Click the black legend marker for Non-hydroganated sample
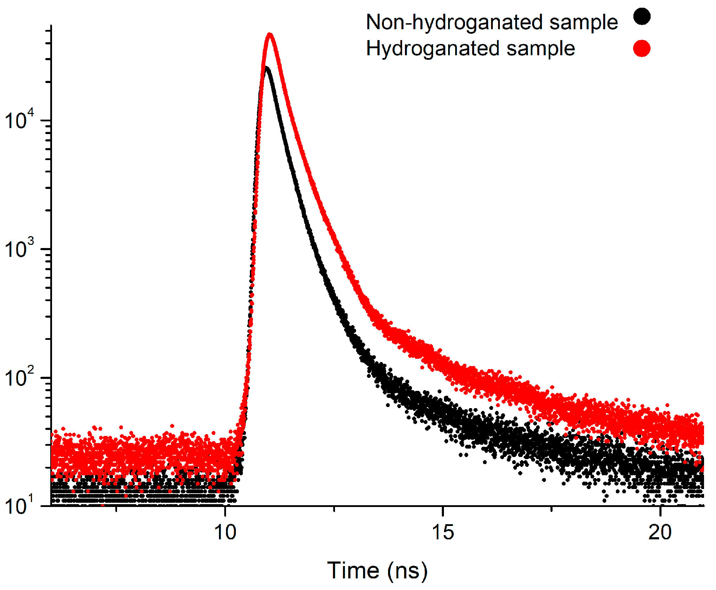click(x=641, y=17)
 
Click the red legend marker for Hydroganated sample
click(x=641, y=48)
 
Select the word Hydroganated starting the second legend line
click(x=432, y=49)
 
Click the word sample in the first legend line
click(x=583, y=23)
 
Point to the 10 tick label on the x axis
click(x=225, y=532)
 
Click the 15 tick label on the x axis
click(x=443, y=532)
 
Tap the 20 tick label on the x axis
click(x=660, y=532)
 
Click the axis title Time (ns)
click(x=377, y=570)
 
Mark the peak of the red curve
click(x=270, y=34)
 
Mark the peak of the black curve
click(x=266, y=68)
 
